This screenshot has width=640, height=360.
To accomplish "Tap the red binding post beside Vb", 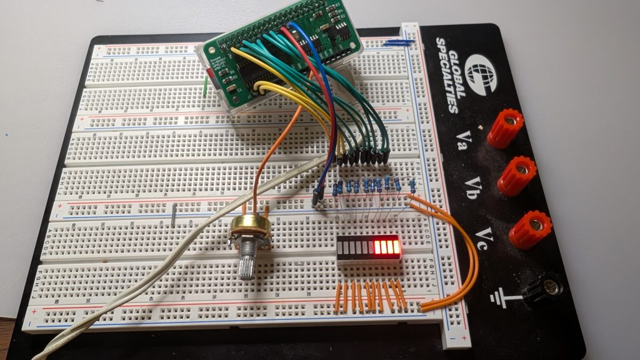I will (x=517, y=176).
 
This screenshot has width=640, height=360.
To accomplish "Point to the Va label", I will (x=464, y=137).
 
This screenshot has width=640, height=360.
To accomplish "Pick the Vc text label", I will (x=485, y=237).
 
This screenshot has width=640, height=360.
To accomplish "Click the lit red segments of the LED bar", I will (x=386, y=247).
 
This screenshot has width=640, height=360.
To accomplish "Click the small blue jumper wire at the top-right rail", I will (x=398, y=43).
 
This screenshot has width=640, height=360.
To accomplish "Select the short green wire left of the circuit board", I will (x=206, y=88).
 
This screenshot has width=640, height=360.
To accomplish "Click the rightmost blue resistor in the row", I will (x=412, y=185).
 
